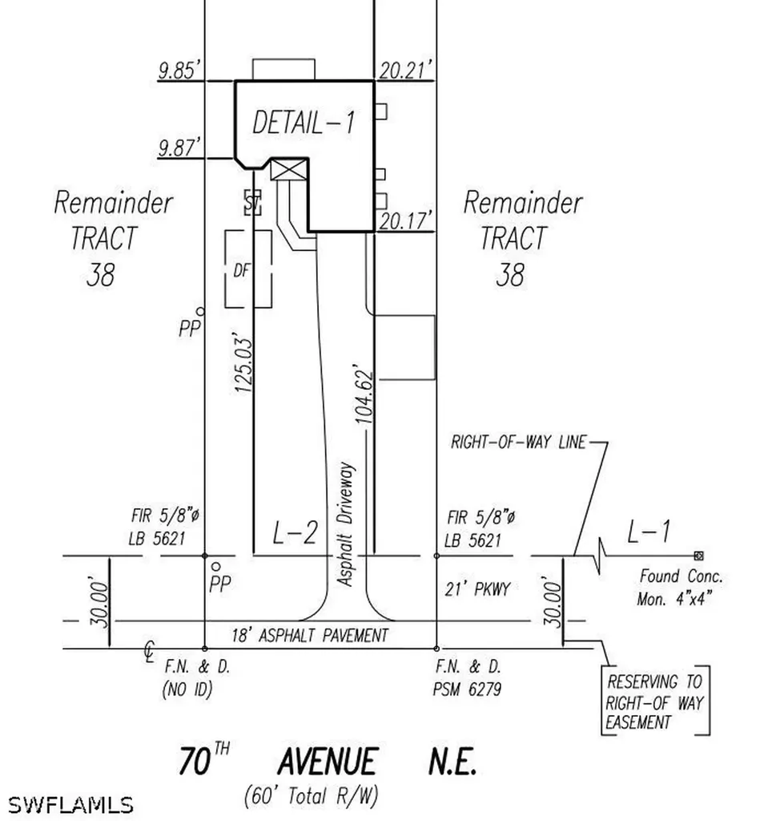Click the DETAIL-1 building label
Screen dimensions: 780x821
coord(304,123)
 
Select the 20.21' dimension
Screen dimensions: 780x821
coord(406,70)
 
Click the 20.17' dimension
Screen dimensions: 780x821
coord(406,221)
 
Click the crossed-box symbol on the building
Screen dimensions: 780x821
coord(289,170)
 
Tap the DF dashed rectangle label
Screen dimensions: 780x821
coord(242,271)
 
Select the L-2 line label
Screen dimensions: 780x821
coord(295,533)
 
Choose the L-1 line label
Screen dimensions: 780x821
coord(649,532)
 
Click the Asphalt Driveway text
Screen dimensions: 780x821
coord(345,524)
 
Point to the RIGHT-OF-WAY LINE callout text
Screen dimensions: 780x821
coord(518,443)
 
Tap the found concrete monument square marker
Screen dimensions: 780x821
coord(698,556)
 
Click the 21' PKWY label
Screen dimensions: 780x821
coord(477,589)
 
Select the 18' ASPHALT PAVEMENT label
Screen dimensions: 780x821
coord(310,636)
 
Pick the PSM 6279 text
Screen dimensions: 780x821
coord(467,689)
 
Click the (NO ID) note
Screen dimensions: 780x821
coord(187,689)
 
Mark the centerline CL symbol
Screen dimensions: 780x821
coord(150,652)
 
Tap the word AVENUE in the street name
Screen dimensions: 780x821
coord(328,762)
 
